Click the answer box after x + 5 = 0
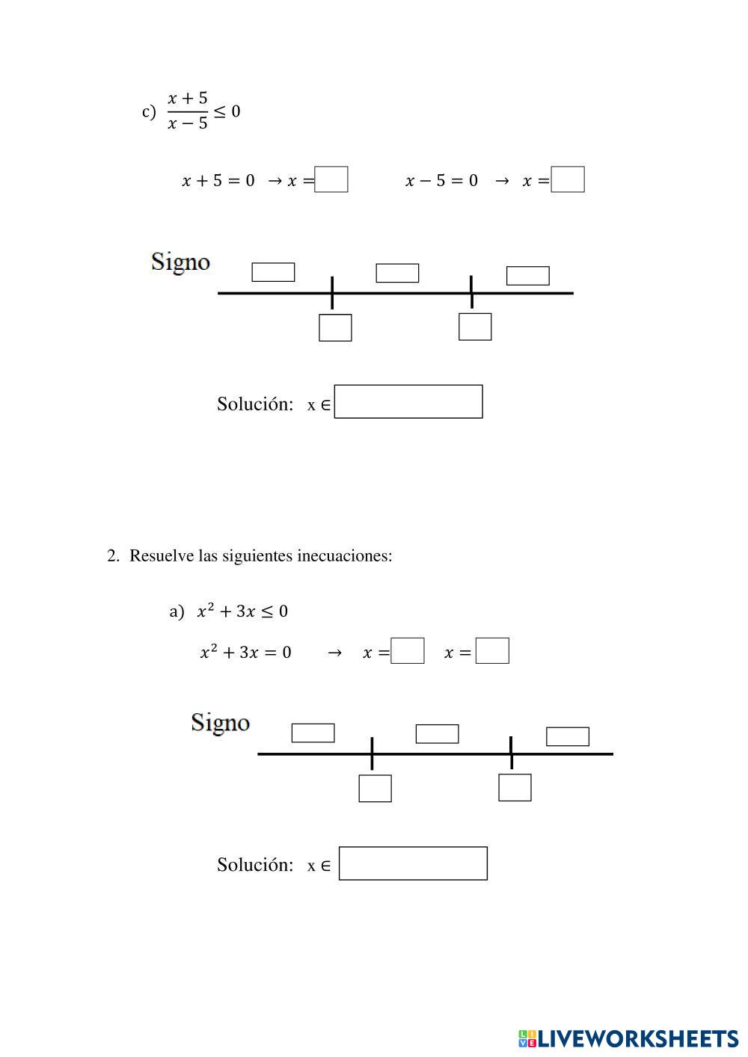(331, 179)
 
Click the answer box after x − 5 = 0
(568, 179)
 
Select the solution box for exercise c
(408, 401)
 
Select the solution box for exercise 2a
(413, 863)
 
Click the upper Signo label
(180, 262)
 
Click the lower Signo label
(220, 723)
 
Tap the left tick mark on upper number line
(332, 292)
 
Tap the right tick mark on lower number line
(511, 753)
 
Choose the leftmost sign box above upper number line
(273, 272)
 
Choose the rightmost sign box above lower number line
(568, 736)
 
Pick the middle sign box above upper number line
(397, 273)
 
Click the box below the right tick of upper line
(475, 327)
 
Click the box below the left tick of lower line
(375, 788)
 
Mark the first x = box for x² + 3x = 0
(408, 650)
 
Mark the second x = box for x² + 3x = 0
(492, 650)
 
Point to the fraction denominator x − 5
(187, 123)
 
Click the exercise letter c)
(149, 112)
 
